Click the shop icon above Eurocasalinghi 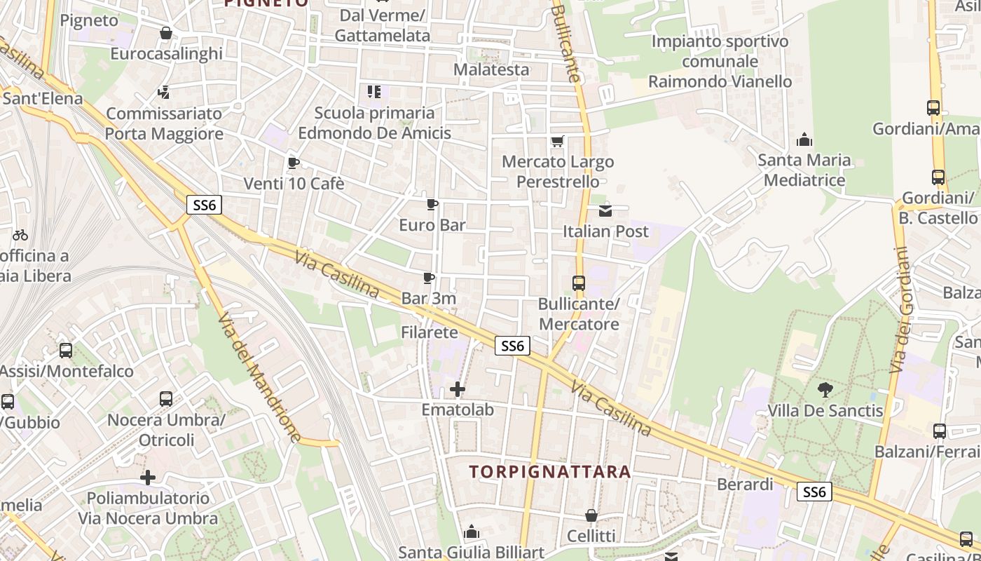coord(166,33)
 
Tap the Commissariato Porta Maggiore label coord(165,123)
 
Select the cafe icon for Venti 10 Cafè coord(294,163)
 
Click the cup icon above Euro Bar coord(432,205)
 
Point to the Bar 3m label coord(429,298)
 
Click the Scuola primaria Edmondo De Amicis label coord(374,123)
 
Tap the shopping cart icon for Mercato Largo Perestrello coord(558,142)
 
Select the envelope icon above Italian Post coord(605,210)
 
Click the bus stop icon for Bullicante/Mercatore coord(579,283)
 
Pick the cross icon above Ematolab coord(458,388)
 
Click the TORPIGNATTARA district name coord(550,472)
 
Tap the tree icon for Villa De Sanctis coord(825,389)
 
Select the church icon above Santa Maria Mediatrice coord(804,140)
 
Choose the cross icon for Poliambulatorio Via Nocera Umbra coord(148,478)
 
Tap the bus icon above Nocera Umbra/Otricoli coord(166,399)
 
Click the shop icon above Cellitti coord(591,516)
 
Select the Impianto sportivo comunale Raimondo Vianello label coord(720,61)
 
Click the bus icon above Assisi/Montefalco coord(66,350)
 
